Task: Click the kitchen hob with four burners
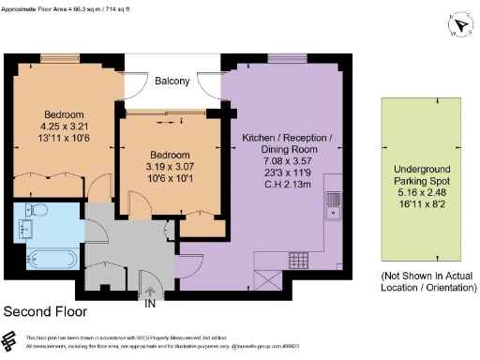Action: coord(301,260)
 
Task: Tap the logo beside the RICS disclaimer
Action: coord(10,339)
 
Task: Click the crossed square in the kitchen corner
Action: coord(266,278)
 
